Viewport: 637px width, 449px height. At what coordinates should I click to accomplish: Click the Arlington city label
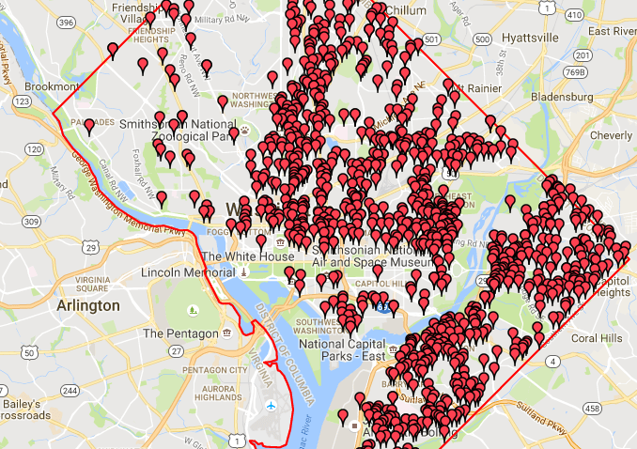pos(88,305)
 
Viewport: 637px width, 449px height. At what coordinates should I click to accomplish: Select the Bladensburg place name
pos(561,96)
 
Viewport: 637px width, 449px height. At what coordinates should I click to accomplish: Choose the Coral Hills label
pos(598,338)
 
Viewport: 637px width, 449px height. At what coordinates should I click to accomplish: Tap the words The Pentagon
pos(179,333)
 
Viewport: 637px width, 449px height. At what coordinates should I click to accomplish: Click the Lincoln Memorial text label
pos(185,272)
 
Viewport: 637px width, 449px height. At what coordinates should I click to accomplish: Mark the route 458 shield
pos(592,409)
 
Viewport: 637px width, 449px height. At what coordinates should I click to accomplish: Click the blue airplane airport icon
pos(272,406)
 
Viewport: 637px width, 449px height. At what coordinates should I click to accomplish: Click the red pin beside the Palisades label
pos(88,125)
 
